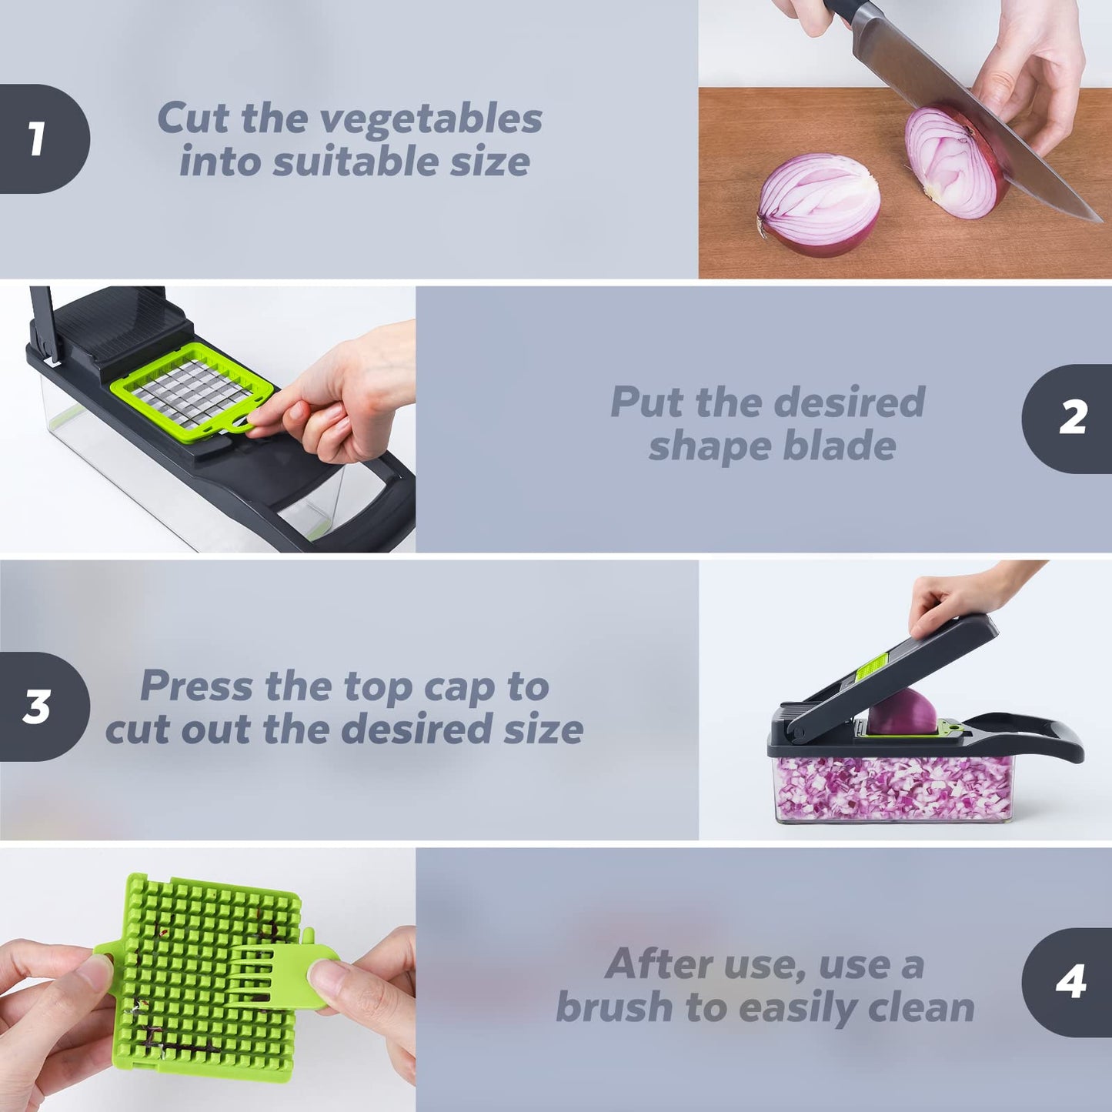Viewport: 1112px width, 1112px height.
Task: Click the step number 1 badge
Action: coord(38,139)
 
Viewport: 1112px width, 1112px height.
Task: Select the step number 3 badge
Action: coord(38,706)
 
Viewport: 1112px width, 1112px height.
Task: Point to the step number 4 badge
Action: coord(1070,981)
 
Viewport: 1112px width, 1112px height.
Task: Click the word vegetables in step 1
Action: coord(431,119)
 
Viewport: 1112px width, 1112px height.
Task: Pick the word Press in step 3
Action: coord(196,686)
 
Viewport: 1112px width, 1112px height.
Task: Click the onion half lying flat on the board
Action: coord(819,203)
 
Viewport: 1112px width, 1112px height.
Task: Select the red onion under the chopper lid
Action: coord(902,712)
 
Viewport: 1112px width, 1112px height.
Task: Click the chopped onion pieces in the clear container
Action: coord(893,789)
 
